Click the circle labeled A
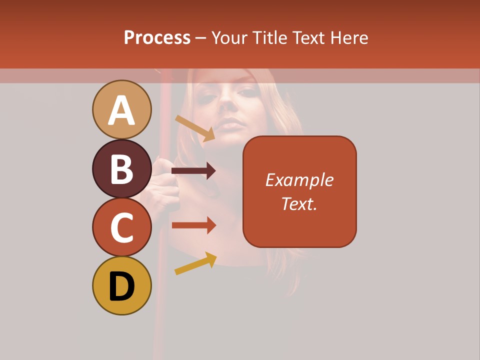click(x=122, y=109)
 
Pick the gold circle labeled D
click(x=122, y=285)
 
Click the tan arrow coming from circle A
click(x=195, y=128)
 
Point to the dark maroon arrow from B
click(x=193, y=171)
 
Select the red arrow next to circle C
click(x=193, y=225)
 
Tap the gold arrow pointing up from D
click(x=195, y=263)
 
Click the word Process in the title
click(x=157, y=37)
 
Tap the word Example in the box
click(x=299, y=180)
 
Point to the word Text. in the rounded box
click(x=299, y=203)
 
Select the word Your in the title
click(x=230, y=37)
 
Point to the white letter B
click(x=122, y=168)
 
